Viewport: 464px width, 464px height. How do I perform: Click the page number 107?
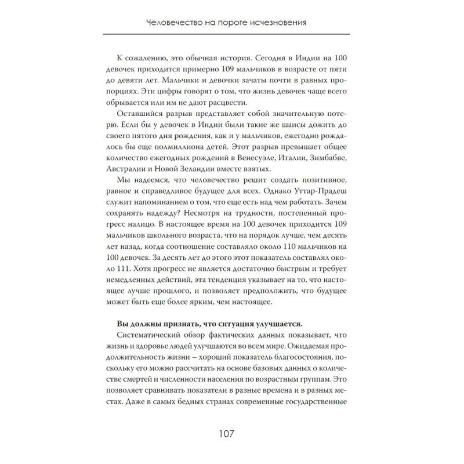[x=231, y=434]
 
